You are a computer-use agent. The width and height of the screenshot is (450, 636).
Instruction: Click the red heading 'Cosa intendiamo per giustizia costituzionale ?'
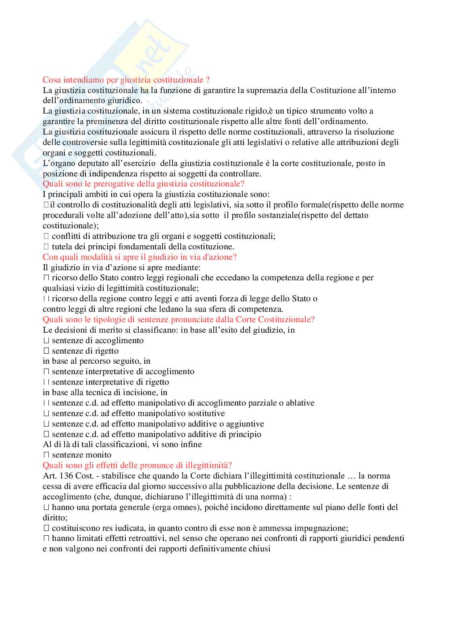[126, 80]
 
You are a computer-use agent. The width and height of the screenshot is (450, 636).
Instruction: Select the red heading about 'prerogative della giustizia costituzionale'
[144, 184]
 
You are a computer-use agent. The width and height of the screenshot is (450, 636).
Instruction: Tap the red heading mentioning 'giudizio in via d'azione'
[140, 257]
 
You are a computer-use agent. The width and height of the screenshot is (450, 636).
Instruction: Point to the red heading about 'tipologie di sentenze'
[178, 319]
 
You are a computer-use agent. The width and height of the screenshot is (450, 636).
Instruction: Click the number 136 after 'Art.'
[66, 476]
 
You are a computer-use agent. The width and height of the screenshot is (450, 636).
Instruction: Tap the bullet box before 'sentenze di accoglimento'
[46, 340]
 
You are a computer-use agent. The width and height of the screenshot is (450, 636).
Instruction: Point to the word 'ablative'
[300, 403]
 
